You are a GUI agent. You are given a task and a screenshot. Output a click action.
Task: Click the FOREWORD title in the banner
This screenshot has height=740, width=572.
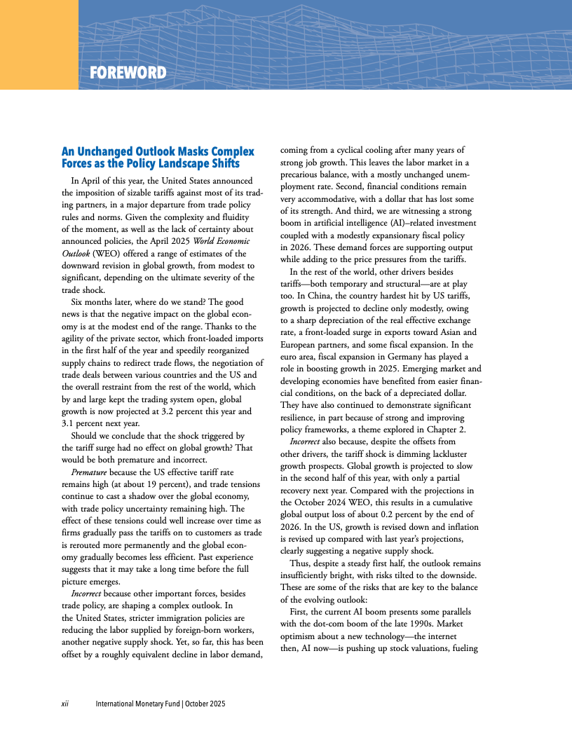[128, 73]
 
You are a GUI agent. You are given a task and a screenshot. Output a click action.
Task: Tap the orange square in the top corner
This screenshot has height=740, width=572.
[39, 44]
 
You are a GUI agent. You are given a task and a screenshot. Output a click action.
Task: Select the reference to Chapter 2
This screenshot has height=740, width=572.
[442, 430]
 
